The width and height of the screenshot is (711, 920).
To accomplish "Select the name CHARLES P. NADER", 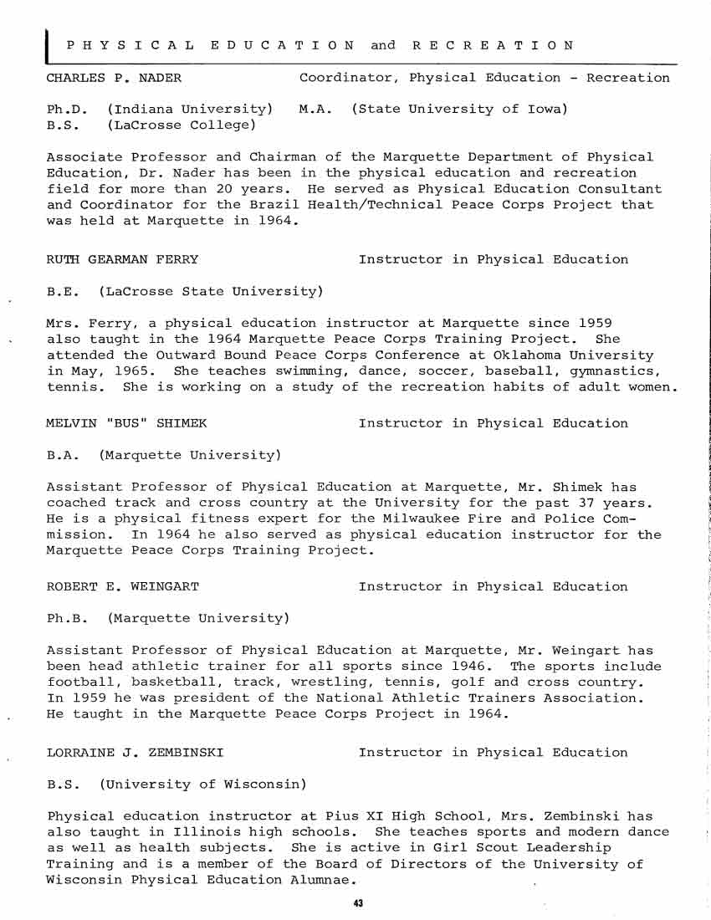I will pos(114,78).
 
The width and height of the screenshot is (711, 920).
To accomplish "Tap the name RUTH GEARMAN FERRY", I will pos(122,259).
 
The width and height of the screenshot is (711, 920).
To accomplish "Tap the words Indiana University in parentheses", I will pos(191,110).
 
